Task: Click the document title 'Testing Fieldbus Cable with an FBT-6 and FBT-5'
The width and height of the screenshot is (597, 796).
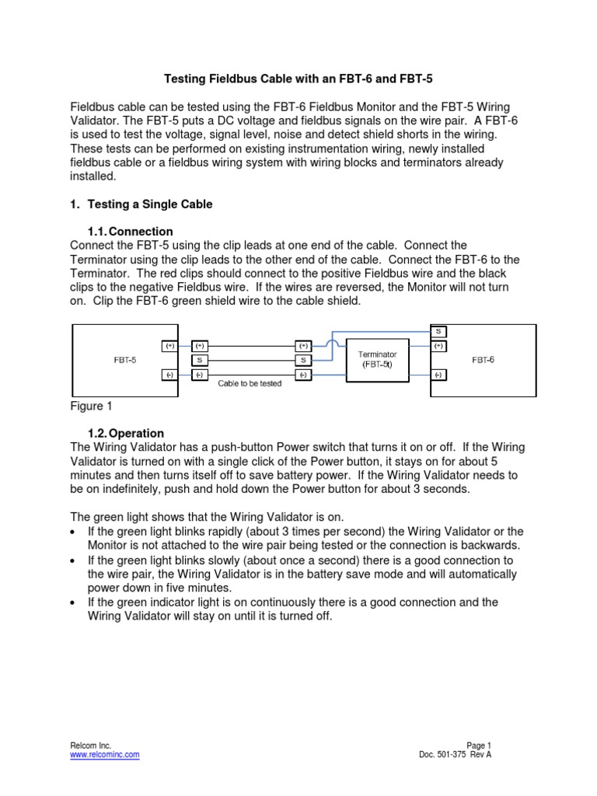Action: tap(298, 79)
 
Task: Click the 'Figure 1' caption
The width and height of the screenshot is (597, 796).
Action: tap(87, 406)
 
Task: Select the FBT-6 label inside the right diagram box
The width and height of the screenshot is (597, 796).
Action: tap(484, 360)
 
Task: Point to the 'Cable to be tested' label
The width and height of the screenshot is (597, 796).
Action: tap(250, 384)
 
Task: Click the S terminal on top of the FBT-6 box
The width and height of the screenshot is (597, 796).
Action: tap(438, 331)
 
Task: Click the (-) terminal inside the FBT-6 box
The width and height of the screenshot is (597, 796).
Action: tap(438, 375)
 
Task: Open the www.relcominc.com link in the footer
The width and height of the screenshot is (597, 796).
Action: tap(105, 754)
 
